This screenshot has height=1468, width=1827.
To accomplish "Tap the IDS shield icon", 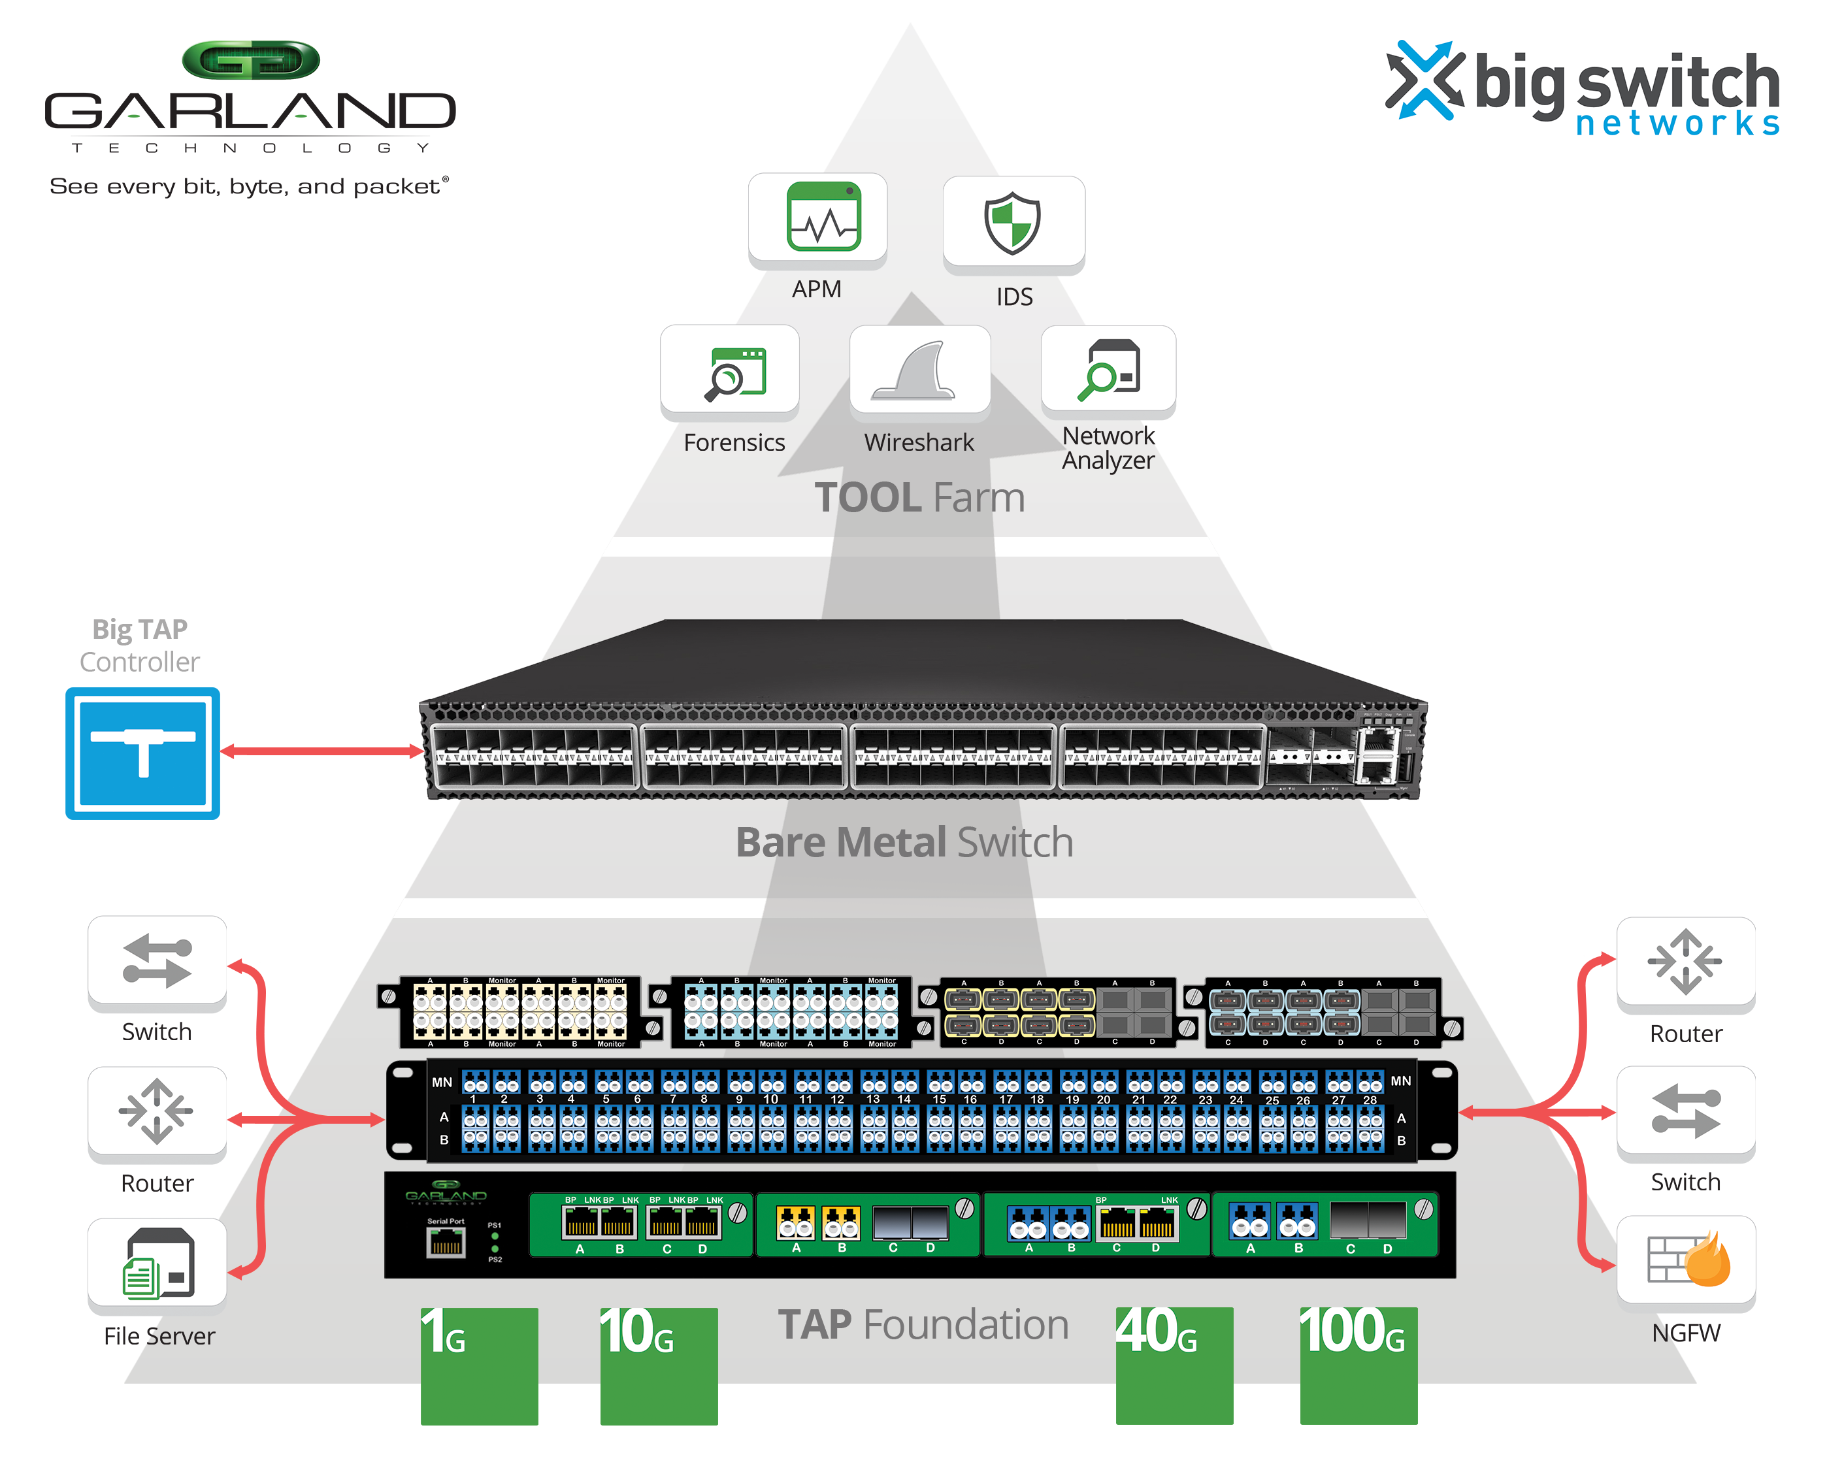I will (x=1013, y=222).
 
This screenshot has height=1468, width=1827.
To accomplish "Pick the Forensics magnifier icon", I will (x=734, y=373).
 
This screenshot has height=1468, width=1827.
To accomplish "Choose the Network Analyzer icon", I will (x=1108, y=370).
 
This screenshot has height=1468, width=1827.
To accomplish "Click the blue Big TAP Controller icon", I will (x=142, y=752).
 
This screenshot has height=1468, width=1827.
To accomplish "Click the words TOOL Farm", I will (x=919, y=497).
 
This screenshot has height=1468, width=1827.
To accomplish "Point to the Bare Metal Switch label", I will (x=904, y=842).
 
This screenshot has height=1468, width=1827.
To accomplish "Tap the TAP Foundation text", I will (x=923, y=1324).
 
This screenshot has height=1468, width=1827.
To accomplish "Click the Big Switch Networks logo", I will (x=1581, y=88).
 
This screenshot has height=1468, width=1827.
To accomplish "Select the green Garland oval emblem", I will (x=251, y=61).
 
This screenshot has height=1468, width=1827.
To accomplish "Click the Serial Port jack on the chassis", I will (x=446, y=1242).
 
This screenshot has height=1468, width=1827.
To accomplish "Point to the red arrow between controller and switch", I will (x=322, y=751).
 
